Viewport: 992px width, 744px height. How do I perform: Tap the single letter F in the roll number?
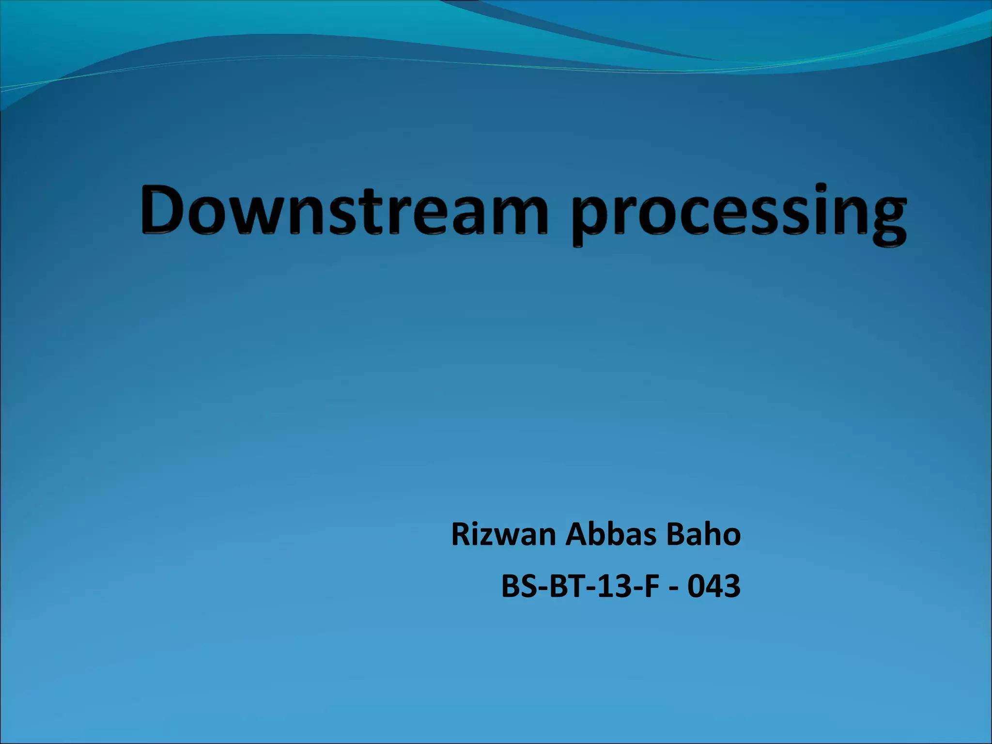(651, 586)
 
